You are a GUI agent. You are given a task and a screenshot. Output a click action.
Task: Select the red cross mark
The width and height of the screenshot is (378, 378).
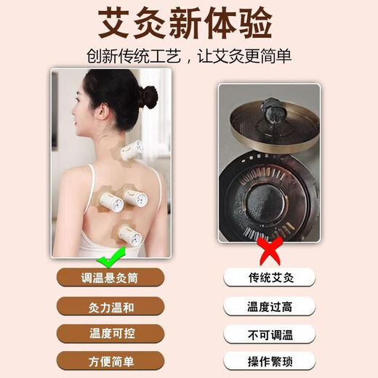[270, 254]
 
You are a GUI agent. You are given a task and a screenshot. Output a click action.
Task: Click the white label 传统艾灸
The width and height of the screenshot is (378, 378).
[269, 277]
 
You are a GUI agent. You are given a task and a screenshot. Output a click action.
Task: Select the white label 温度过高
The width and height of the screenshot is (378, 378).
[269, 306]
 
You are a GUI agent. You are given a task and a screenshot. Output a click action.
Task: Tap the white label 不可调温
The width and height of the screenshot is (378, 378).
[269, 334]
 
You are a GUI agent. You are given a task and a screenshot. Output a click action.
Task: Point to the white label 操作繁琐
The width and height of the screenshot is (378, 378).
[269, 361]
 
